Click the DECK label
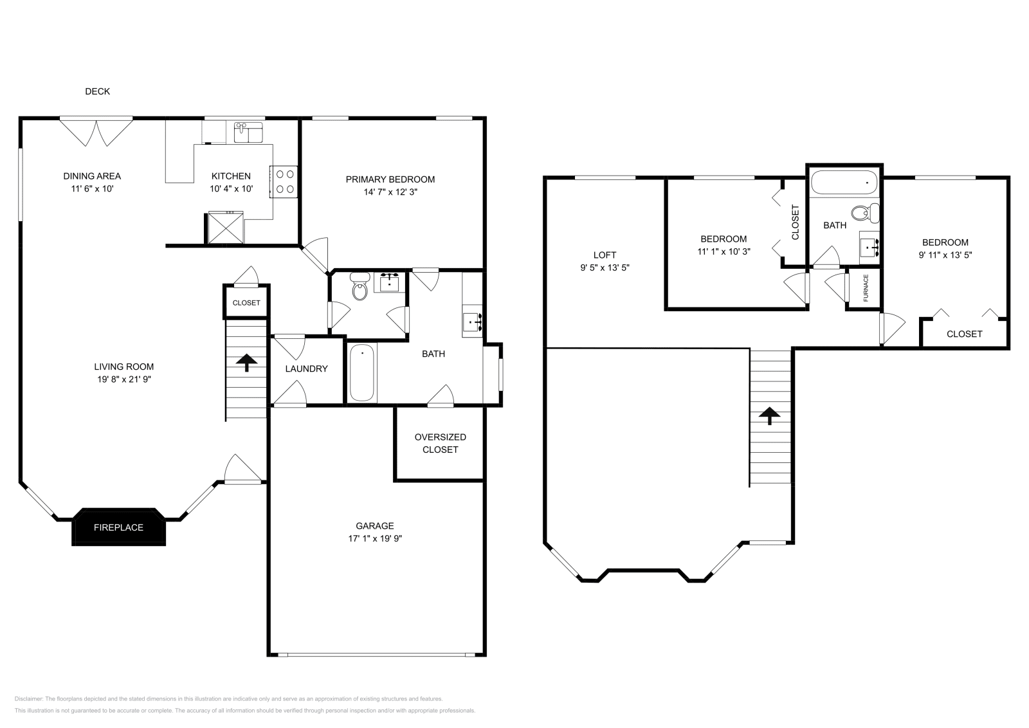pos(97,91)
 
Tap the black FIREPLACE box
pos(118,527)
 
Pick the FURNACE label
pos(866,288)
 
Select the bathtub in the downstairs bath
pos(362,372)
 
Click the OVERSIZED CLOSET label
pos(440,443)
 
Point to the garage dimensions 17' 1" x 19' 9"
pos(375,538)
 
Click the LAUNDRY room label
pos(306,369)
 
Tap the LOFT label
pos(605,255)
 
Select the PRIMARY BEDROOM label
pos(390,179)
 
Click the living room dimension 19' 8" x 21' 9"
pos(123,379)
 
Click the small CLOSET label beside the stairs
pos(246,303)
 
